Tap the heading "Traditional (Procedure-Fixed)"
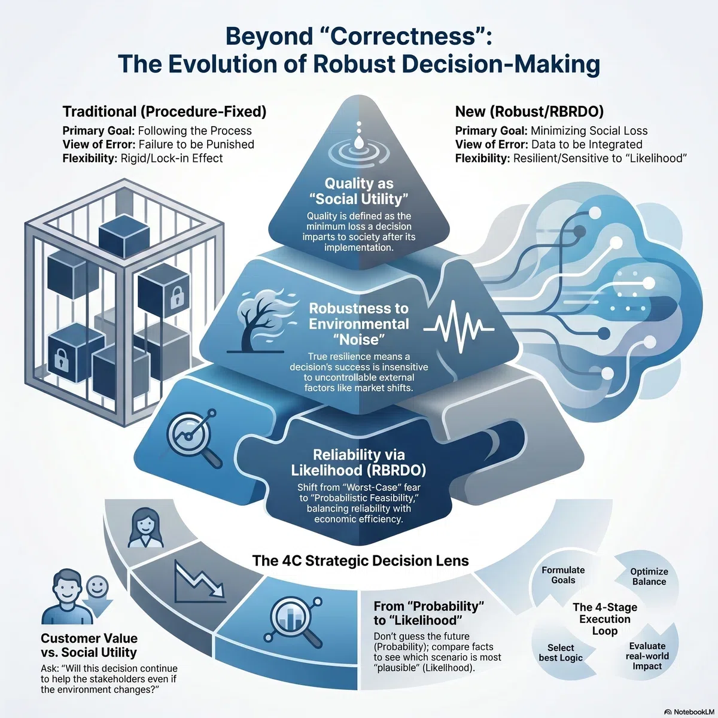165,111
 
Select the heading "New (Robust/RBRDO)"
529,111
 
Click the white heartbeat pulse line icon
459,327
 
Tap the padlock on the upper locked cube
177,297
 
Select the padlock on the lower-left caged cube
61,360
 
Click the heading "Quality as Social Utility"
359,191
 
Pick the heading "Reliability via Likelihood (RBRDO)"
358,463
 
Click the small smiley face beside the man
98,586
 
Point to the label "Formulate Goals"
563,575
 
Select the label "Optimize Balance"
649,576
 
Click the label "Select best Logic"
561,653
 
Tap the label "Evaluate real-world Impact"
647,656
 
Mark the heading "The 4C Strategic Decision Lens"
360,561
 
